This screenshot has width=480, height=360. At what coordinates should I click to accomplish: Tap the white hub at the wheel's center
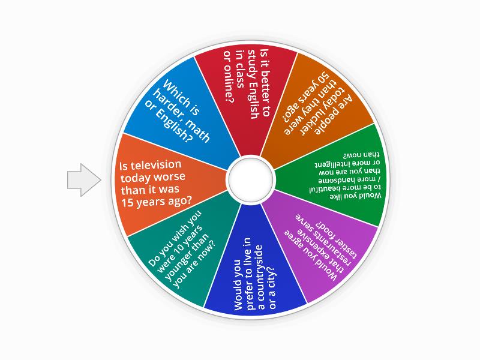pos(250,179)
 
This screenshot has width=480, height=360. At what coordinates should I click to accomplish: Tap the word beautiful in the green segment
pos(325,188)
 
